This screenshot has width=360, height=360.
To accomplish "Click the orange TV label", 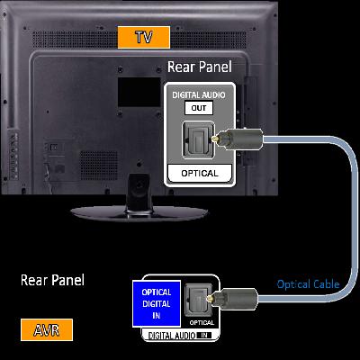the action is (144, 37).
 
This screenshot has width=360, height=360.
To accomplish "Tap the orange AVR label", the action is (47, 329).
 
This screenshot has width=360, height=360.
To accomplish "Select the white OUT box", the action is (199, 108).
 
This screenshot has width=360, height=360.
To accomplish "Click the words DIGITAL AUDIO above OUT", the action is (199, 95).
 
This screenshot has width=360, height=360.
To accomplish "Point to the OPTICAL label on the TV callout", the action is (200, 174).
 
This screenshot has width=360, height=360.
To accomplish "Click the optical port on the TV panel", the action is (198, 139).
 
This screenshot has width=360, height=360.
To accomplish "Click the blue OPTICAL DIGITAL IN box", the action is (157, 303).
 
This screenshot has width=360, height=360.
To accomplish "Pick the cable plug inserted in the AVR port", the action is (232, 298).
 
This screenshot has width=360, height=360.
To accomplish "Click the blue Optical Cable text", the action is (308, 284).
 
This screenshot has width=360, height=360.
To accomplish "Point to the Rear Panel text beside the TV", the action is (200, 67).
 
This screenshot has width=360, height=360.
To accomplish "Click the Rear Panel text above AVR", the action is (52, 280).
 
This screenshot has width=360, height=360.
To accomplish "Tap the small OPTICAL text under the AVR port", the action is (202, 323).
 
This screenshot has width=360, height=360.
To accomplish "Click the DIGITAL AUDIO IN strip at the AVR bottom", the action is (180, 336).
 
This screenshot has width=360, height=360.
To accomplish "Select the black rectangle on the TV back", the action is (139, 93).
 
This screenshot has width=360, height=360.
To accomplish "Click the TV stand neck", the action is (139, 192).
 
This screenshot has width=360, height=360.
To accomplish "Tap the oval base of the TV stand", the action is (139, 213).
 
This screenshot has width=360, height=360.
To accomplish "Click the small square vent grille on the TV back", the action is (99, 166).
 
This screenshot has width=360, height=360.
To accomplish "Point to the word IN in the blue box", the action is (157, 316).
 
